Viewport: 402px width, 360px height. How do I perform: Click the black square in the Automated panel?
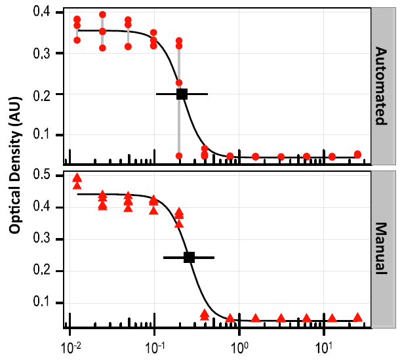click(182, 94)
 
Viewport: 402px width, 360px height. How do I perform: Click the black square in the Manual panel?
click(189, 257)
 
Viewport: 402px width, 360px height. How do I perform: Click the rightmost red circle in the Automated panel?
click(357, 154)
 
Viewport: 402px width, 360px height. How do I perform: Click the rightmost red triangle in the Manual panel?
click(357, 317)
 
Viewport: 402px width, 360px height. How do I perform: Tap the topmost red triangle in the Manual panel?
click(77, 177)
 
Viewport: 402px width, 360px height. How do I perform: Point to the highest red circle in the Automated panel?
click(102, 14)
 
